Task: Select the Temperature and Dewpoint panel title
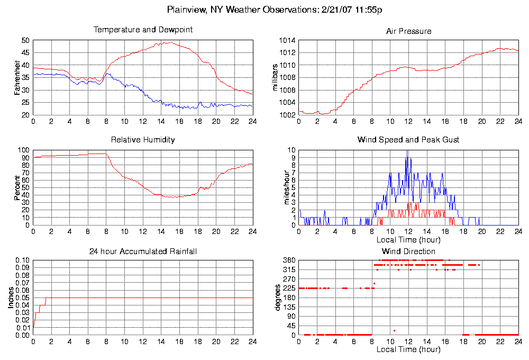tap(143, 30)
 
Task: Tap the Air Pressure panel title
tap(408, 31)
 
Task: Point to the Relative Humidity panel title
tap(143, 140)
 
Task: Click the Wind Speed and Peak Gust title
tap(408, 140)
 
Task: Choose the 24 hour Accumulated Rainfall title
tap(143, 251)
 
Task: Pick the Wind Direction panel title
tap(408, 251)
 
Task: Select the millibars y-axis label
tap(275, 77)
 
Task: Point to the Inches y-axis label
tap(11, 298)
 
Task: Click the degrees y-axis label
tap(277, 298)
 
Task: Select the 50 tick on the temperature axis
tap(25, 40)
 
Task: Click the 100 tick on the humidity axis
tap(24, 150)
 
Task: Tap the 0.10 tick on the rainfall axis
tap(22, 260)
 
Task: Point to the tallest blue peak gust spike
tap(407, 154)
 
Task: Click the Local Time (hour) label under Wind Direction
tap(408, 349)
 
